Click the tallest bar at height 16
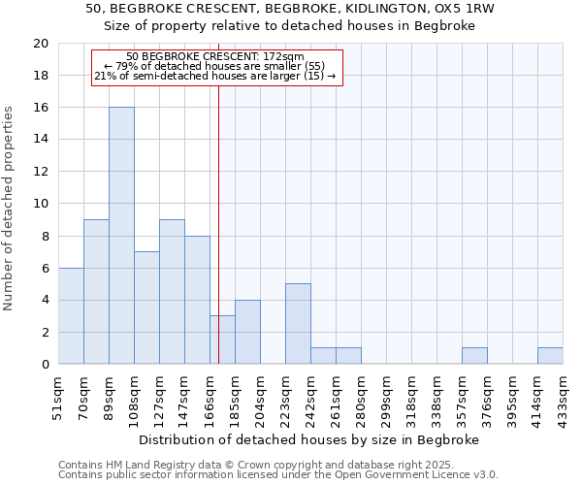click(121, 235)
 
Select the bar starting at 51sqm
click(71, 315)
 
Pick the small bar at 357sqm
click(474, 356)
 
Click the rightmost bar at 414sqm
click(550, 356)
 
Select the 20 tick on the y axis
click(41, 44)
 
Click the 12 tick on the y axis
click(41, 172)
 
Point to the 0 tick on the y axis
click(45, 364)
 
